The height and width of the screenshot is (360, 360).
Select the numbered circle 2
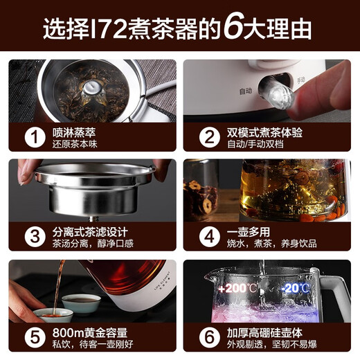pyautogui.click(x=206, y=135)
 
